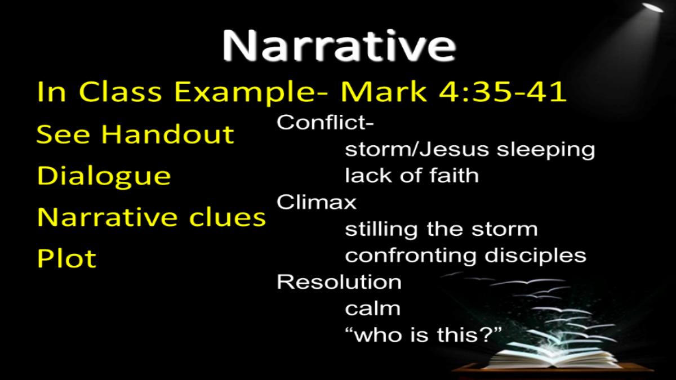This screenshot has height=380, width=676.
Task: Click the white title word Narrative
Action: (339, 46)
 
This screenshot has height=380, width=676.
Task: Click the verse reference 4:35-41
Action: (502, 91)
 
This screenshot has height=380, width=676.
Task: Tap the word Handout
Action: (168, 134)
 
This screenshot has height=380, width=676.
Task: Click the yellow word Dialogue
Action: (104, 177)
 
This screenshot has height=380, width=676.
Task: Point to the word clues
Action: (227, 217)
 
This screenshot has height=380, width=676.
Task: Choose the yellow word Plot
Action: (66, 258)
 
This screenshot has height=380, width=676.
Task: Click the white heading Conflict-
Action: (325, 122)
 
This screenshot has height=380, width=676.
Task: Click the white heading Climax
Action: (316, 202)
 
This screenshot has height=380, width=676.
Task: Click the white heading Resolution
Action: (339, 282)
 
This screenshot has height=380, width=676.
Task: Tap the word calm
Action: (373, 309)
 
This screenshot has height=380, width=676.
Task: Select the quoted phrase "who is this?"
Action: (423, 335)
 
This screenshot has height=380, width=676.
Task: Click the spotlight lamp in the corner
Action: (652, 7)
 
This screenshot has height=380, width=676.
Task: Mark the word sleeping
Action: (546, 150)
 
